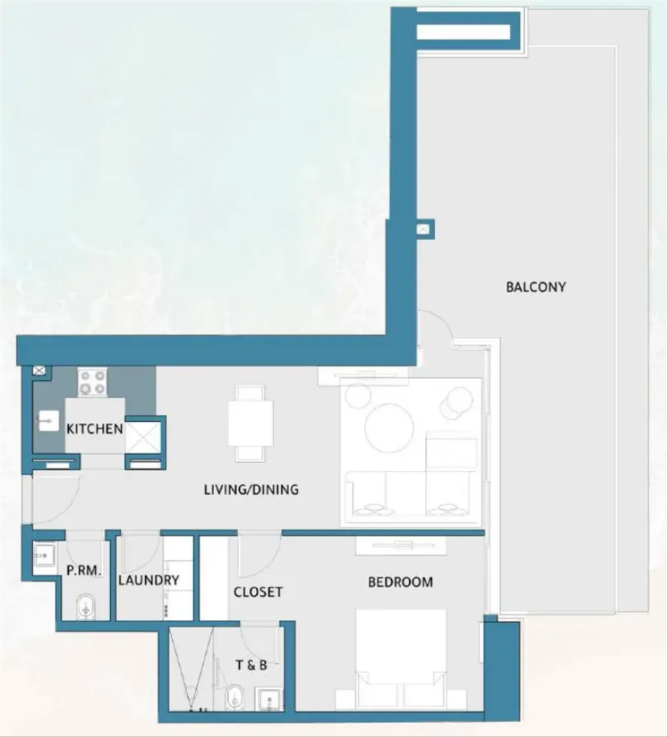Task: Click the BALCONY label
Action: [536, 287]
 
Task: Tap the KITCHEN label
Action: [95, 429]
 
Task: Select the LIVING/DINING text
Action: [251, 489]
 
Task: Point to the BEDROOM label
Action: [400, 582]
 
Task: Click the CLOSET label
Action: [258, 592]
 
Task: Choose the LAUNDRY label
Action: [149, 580]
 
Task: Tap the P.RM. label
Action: [84, 570]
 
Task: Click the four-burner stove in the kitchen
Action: [92, 382]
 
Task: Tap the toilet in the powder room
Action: [86, 608]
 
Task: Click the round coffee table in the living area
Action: [389, 428]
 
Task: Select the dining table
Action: [251, 423]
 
